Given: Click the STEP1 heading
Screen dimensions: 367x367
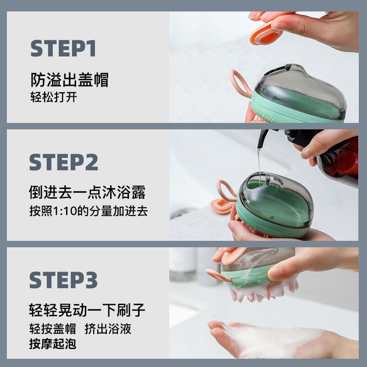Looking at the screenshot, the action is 63,48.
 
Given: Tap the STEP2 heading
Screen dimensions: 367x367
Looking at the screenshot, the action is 64,162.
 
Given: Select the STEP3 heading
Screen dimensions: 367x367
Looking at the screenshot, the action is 63,280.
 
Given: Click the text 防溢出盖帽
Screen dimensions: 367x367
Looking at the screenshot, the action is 70,80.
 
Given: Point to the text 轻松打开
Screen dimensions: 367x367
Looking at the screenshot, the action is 54,97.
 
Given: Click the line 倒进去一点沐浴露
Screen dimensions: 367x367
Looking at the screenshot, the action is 87,192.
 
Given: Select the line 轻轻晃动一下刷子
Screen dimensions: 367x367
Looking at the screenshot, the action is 87,310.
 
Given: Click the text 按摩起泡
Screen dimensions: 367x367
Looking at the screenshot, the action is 53,344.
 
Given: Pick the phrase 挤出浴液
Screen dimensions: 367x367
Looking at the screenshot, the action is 108,329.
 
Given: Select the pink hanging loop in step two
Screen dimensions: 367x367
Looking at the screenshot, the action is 225,190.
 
